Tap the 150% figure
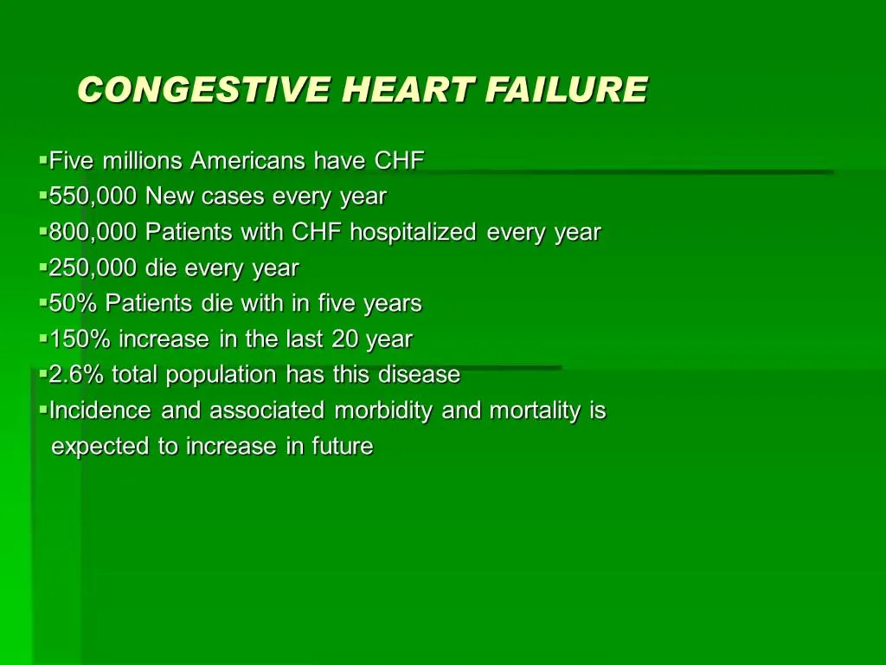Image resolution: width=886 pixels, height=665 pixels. pyautogui.click(x=80, y=339)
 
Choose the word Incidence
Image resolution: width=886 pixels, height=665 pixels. pyautogui.click(x=101, y=410)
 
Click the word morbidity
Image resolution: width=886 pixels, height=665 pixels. pyautogui.click(x=383, y=410)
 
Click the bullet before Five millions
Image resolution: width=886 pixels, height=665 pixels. pyautogui.click(x=42, y=160)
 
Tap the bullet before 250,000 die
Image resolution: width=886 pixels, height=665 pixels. pyautogui.click(x=42, y=268)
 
